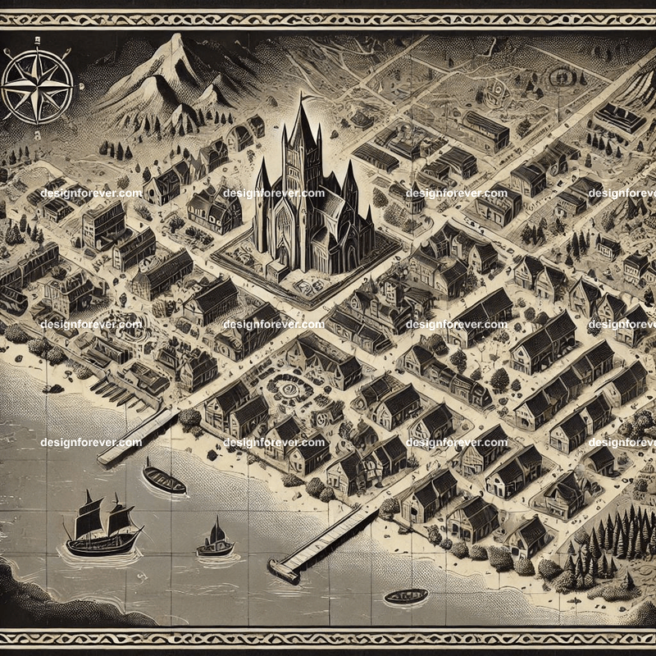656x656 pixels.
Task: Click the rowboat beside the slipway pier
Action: click(x=164, y=479)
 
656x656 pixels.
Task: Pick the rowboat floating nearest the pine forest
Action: click(x=405, y=596)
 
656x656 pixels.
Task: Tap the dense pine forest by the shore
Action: click(x=607, y=541)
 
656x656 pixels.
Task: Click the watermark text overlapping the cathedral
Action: click(x=273, y=194)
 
